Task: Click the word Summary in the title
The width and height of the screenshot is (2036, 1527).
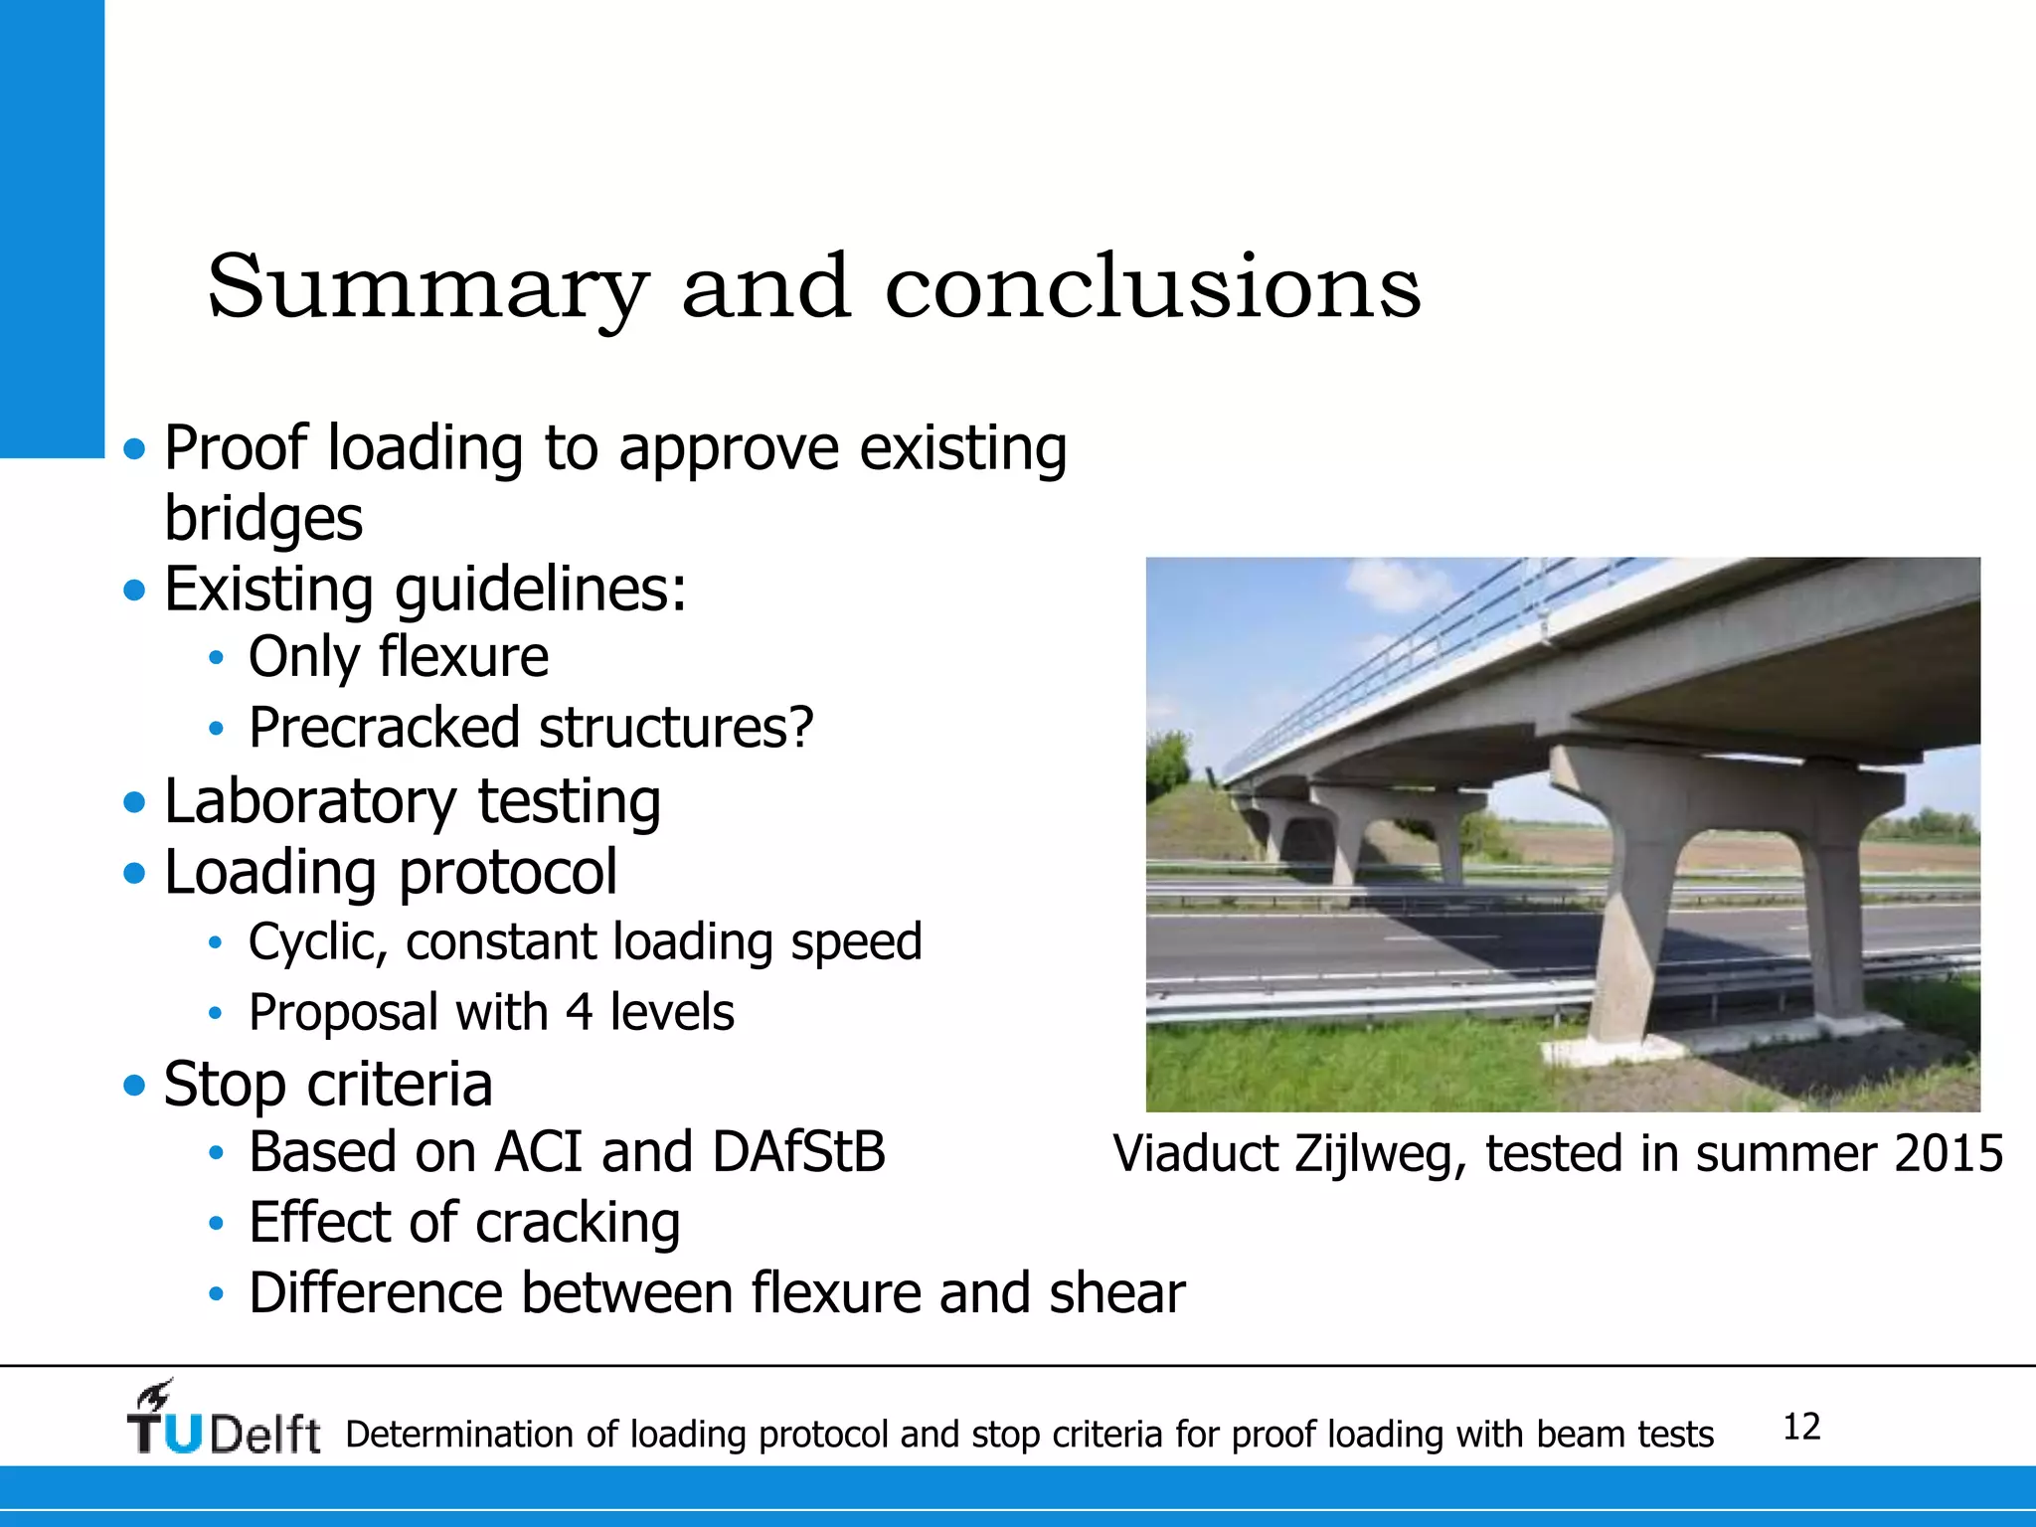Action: pyautogui.click(x=427, y=288)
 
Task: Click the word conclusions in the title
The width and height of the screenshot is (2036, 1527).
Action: pyautogui.click(x=1153, y=288)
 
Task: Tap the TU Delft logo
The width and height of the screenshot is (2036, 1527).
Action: pyautogui.click(x=223, y=1420)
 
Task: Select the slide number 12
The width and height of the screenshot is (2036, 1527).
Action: pyautogui.click(x=1801, y=1427)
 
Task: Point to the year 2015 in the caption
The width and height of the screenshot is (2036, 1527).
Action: pyautogui.click(x=1949, y=1153)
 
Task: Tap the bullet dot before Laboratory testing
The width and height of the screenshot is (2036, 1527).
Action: pyautogui.click(x=134, y=801)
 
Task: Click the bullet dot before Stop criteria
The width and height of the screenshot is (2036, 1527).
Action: pyautogui.click(x=134, y=1085)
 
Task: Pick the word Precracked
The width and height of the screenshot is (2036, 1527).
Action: pyautogui.click(x=383, y=728)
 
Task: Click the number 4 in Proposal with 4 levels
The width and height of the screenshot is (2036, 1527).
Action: pyautogui.click(x=579, y=1013)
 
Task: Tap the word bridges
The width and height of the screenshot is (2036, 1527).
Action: pyautogui.click(x=263, y=519)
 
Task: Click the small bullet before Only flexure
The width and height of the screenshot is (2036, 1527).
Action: pyautogui.click(x=216, y=658)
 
